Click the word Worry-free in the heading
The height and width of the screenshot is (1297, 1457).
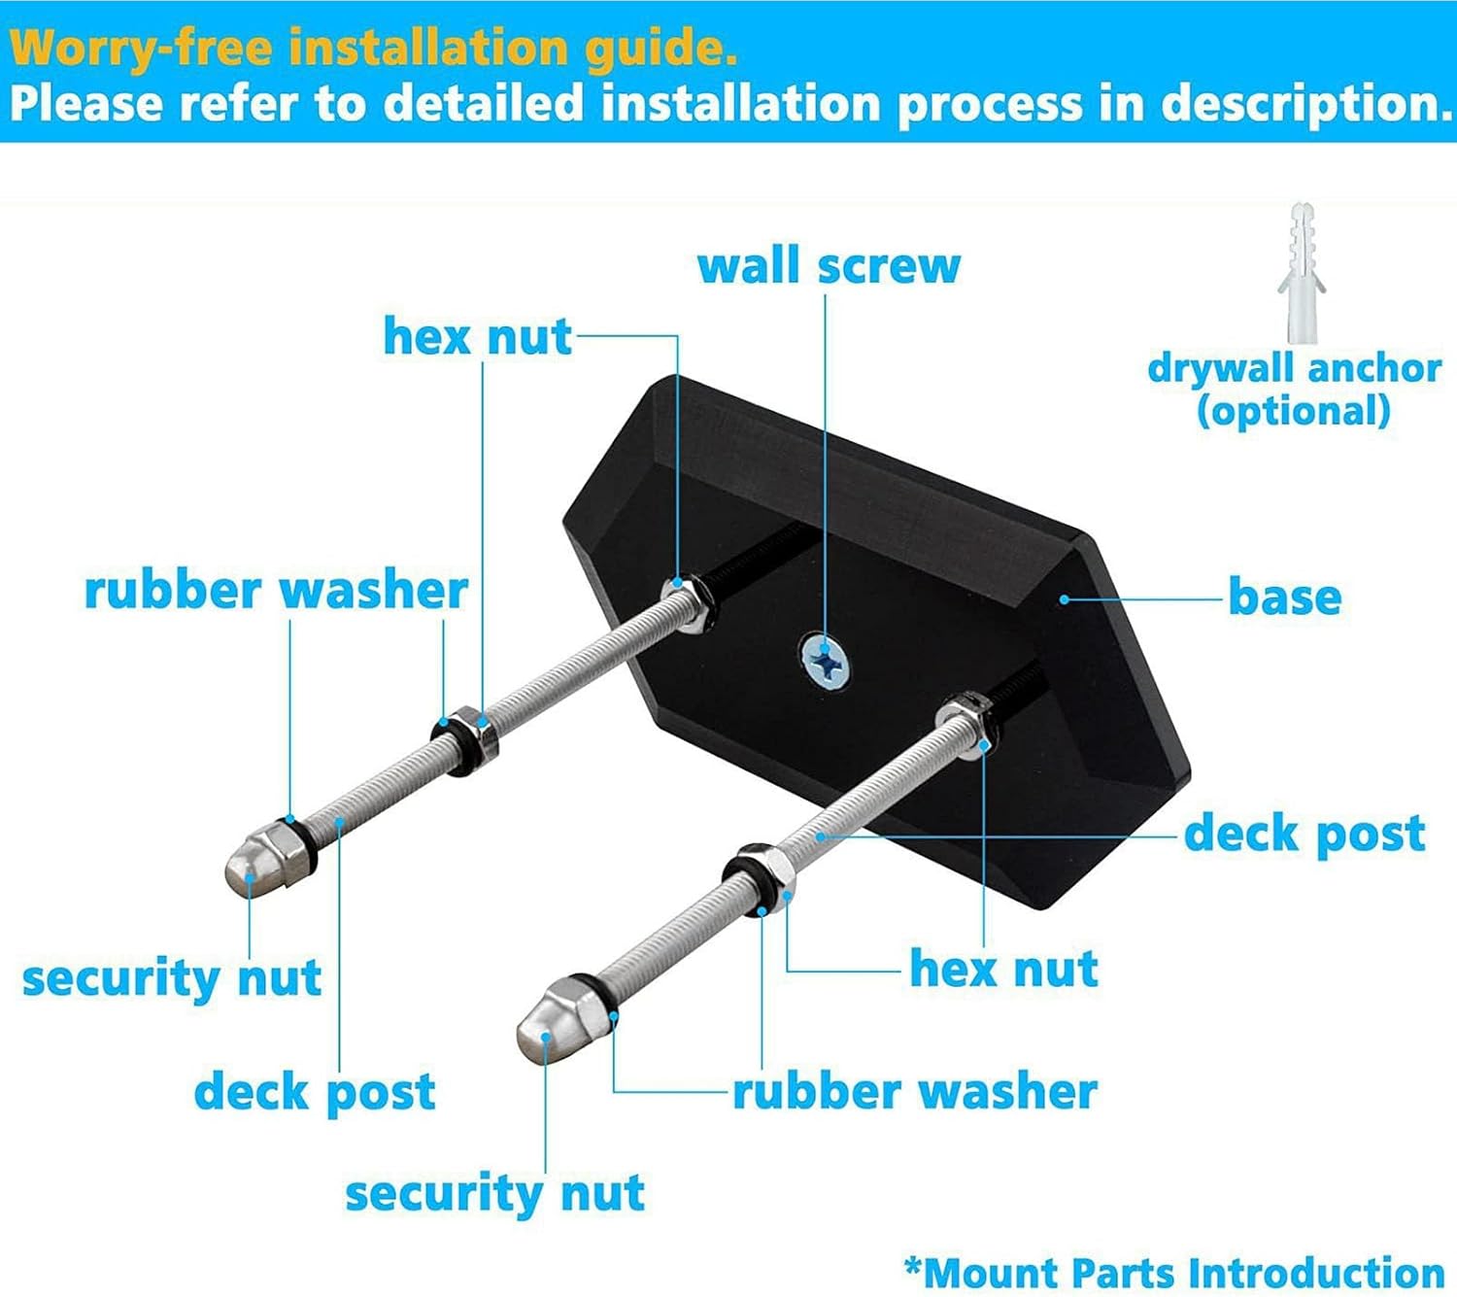pyautogui.click(x=141, y=49)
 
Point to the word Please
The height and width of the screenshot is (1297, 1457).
pyautogui.click(x=87, y=103)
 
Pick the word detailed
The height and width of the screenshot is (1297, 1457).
pyautogui.click(x=484, y=103)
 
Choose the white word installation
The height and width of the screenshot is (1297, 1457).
pyautogui.click(x=741, y=103)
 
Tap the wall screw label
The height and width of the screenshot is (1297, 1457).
pyautogui.click(x=829, y=266)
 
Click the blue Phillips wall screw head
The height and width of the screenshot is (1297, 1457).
pyautogui.click(x=827, y=660)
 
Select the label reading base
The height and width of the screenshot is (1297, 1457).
pyautogui.click(x=1284, y=597)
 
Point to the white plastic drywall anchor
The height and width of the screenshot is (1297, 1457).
pyautogui.click(x=1303, y=273)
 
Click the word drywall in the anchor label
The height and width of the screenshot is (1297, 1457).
pyautogui.click(x=1223, y=370)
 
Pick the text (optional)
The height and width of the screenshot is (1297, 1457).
pyautogui.click(x=1293, y=412)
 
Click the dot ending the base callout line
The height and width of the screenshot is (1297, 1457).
pyautogui.click(x=1064, y=598)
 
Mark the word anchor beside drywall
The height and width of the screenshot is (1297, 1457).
pyautogui.click(x=1374, y=369)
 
